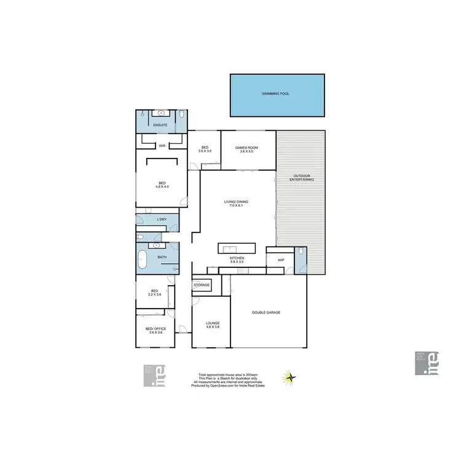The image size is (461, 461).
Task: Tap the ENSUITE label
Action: tap(161, 125)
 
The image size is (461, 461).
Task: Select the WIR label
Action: tap(162, 146)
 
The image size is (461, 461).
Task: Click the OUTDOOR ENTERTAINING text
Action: tap(303, 177)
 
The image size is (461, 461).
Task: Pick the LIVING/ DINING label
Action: tap(237, 202)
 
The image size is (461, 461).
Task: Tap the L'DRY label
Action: tap(162, 219)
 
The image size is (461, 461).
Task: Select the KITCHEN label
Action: tap(237, 258)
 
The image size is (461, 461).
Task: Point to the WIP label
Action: tap(281, 260)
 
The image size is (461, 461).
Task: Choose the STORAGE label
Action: tap(202, 285)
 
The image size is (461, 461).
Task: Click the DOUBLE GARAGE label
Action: tap(266, 313)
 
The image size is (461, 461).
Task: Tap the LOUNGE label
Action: tap(213, 323)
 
